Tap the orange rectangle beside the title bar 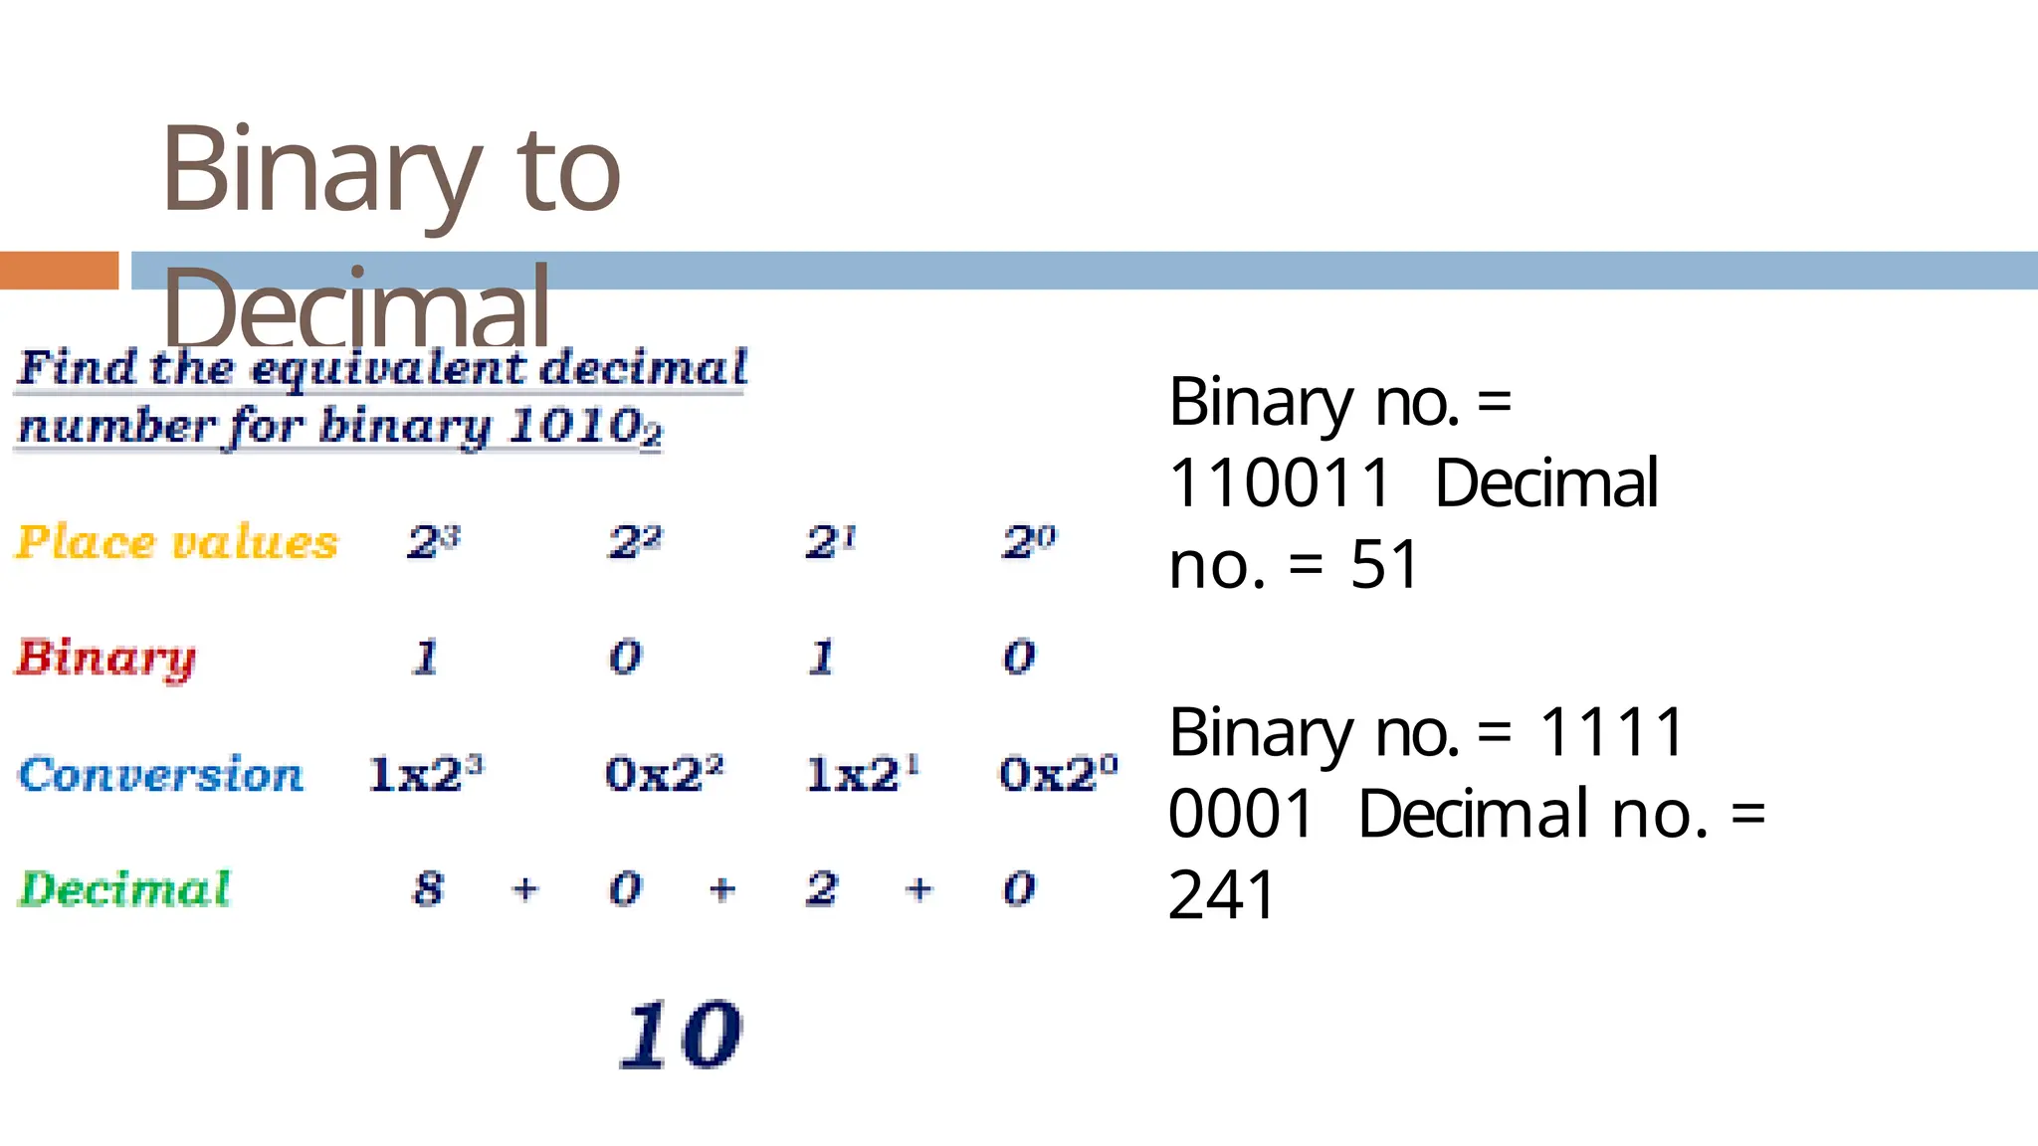(x=59, y=271)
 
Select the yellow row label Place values (x=177, y=543)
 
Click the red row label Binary (x=105, y=658)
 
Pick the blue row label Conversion (x=160, y=775)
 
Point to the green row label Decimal (x=124, y=889)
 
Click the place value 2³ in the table (x=434, y=542)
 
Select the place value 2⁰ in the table (x=1028, y=542)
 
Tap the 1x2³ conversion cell (x=425, y=774)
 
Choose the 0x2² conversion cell (x=664, y=774)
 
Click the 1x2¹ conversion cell (x=862, y=774)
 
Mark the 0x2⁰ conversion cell (x=1058, y=774)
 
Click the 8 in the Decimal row (x=428, y=888)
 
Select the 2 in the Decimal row (x=821, y=888)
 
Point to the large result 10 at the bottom (x=681, y=1036)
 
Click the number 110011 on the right (x=1279, y=483)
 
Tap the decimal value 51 (x=1383, y=565)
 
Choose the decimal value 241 (x=1221, y=895)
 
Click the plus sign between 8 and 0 (x=525, y=888)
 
